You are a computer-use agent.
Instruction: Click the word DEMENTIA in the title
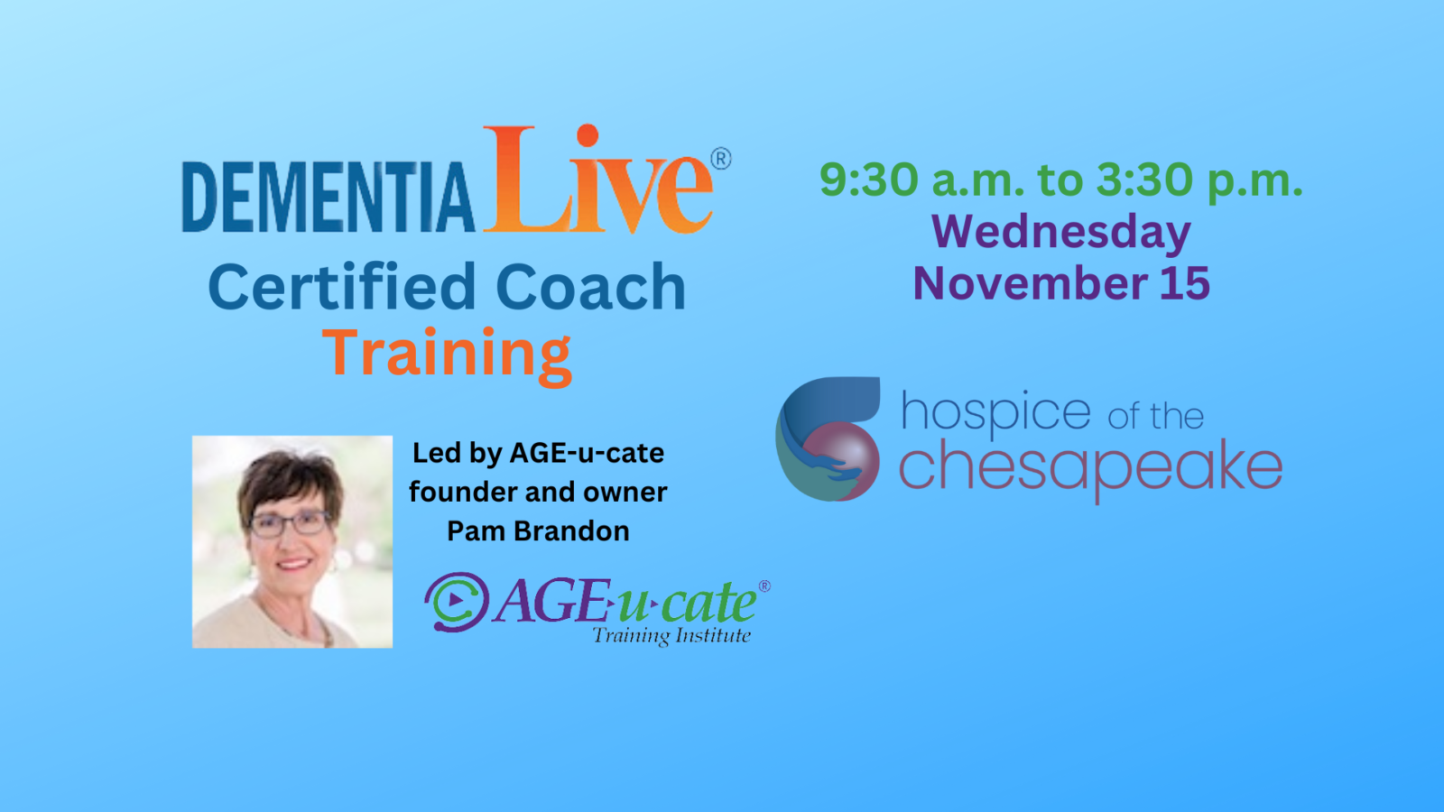[328, 197]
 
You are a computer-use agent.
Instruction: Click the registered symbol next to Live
[721, 160]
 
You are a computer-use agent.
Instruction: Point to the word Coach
[590, 288]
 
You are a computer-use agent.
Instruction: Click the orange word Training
[447, 354]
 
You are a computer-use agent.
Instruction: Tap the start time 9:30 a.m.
[921, 180]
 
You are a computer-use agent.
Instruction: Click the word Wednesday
[1061, 232]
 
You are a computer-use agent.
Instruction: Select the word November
[1030, 283]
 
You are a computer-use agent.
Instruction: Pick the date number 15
[1185, 283]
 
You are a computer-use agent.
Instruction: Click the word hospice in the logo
[995, 412]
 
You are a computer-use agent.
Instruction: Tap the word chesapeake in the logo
[1089, 467]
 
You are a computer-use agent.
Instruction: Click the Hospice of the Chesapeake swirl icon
[828, 439]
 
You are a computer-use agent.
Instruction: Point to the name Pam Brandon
[538, 531]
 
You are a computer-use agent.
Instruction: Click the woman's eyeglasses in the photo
[288, 523]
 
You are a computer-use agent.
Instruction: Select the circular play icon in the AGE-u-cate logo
[457, 601]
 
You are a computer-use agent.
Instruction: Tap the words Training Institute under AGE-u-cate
[671, 636]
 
